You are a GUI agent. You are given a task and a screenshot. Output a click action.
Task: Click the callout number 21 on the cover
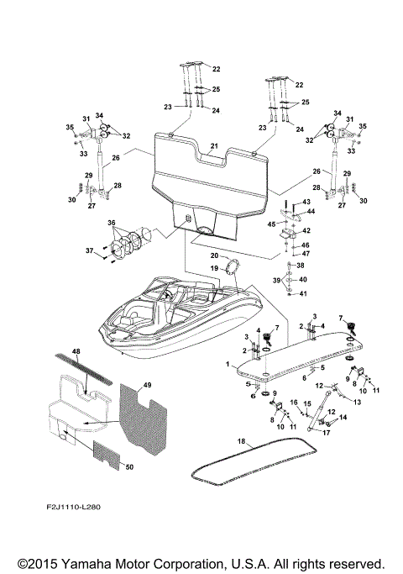[x=214, y=146]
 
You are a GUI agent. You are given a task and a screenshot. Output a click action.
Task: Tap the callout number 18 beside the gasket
[x=240, y=440]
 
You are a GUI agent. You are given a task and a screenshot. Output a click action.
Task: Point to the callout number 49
[x=148, y=385]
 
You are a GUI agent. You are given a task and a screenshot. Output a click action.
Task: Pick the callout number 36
[x=110, y=222]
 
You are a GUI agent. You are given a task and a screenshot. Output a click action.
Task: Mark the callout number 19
[x=214, y=267]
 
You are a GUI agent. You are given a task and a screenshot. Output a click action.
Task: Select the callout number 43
[x=306, y=203]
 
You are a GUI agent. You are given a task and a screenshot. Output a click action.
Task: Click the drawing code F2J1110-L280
[x=83, y=508]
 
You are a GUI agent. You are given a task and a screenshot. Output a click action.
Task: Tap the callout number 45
[x=271, y=224]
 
